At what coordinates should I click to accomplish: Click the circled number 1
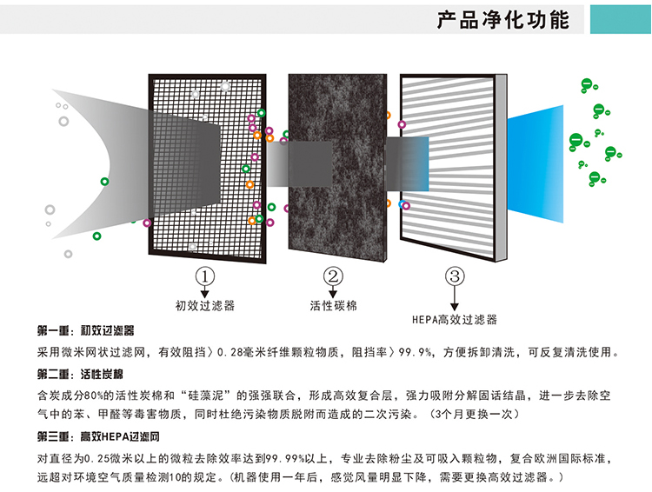pyautogui.click(x=204, y=277)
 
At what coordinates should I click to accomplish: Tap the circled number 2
pyautogui.click(x=332, y=277)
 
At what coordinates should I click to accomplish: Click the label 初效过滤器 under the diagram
pyautogui.click(x=204, y=306)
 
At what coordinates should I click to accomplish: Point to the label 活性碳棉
pyautogui.click(x=333, y=306)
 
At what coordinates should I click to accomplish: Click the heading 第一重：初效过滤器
pyautogui.click(x=86, y=332)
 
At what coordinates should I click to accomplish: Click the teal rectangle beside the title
pyautogui.click(x=621, y=18)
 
